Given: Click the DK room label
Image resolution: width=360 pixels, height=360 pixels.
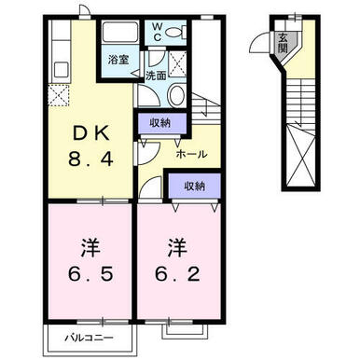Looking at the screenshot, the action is point(91,133).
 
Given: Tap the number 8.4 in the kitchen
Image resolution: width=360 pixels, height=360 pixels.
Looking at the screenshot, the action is point(90,159).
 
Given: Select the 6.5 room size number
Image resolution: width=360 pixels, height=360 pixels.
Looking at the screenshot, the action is point(90,274).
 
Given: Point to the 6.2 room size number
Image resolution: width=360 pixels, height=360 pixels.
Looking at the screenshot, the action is point(177,274).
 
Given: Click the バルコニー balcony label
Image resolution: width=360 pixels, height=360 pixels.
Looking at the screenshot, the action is point(90,338).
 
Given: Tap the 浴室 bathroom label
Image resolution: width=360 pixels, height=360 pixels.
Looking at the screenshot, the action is point(118,60).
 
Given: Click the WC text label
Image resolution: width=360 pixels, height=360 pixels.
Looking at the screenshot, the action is point(158,32).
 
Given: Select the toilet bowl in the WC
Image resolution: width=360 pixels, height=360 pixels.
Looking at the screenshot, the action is point(175,32).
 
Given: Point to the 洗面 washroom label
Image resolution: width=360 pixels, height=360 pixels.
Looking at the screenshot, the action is point(156,75).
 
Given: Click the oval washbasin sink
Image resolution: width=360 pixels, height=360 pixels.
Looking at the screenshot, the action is point(176,94).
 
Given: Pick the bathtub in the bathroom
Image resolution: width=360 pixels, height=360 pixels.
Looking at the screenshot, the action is point(120,32).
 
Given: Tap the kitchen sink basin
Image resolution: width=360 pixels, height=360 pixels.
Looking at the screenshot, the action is point(62,70).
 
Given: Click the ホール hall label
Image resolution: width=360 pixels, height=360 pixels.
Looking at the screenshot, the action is point(191,154).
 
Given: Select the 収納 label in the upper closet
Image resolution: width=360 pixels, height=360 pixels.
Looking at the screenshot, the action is point(160,122).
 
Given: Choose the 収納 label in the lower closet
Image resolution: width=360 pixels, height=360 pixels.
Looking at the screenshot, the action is point(195,186).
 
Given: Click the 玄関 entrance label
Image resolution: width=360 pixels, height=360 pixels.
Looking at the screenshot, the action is point(283,43).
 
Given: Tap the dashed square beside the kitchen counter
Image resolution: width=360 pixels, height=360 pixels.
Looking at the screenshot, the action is point(59,95).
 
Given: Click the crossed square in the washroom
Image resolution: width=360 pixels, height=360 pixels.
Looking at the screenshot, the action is point(177,64).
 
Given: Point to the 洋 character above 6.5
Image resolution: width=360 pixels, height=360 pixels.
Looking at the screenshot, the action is point(90,248).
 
